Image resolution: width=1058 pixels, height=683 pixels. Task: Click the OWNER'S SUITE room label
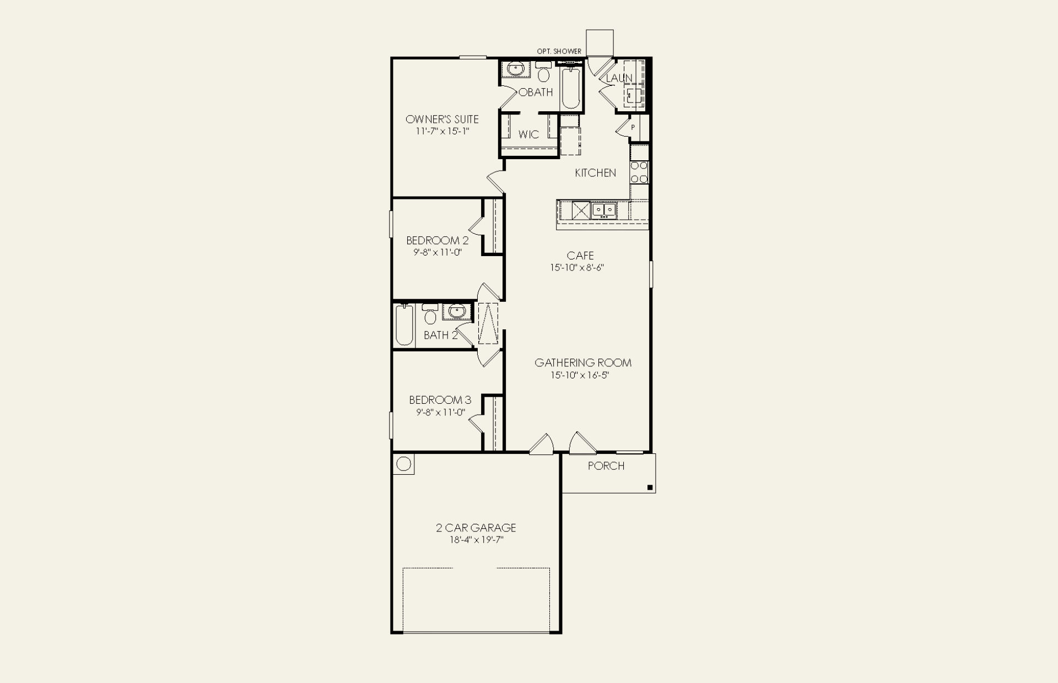pos(442,119)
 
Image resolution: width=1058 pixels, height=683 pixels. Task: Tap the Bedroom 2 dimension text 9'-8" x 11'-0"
pos(438,252)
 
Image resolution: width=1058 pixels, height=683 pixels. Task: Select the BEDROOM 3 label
pos(440,400)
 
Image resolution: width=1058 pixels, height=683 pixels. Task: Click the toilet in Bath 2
pos(430,315)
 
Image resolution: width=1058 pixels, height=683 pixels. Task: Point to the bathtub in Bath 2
pos(404,325)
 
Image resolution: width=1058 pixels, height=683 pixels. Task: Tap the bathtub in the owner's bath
pos(570,88)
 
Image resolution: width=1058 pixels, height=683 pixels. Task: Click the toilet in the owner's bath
pos(543,72)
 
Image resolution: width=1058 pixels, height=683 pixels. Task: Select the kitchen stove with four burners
pos(639,172)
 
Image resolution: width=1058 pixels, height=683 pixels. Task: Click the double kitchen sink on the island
pos(604,210)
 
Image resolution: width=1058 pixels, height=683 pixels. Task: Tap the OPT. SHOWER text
pos(559,51)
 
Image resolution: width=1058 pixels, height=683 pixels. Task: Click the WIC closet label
pos(528,134)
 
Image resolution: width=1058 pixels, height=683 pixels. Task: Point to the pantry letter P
pos(633,127)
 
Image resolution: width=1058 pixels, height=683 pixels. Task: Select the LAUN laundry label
pos(619,78)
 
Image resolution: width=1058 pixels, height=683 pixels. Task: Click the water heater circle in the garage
pos(404,464)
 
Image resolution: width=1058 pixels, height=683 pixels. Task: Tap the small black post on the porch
pos(650,487)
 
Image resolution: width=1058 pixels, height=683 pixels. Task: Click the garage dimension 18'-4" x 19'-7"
pos(476,540)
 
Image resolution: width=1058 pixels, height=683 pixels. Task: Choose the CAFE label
pos(580,256)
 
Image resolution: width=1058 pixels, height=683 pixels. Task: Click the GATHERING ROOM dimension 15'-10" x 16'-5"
pos(580,375)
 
